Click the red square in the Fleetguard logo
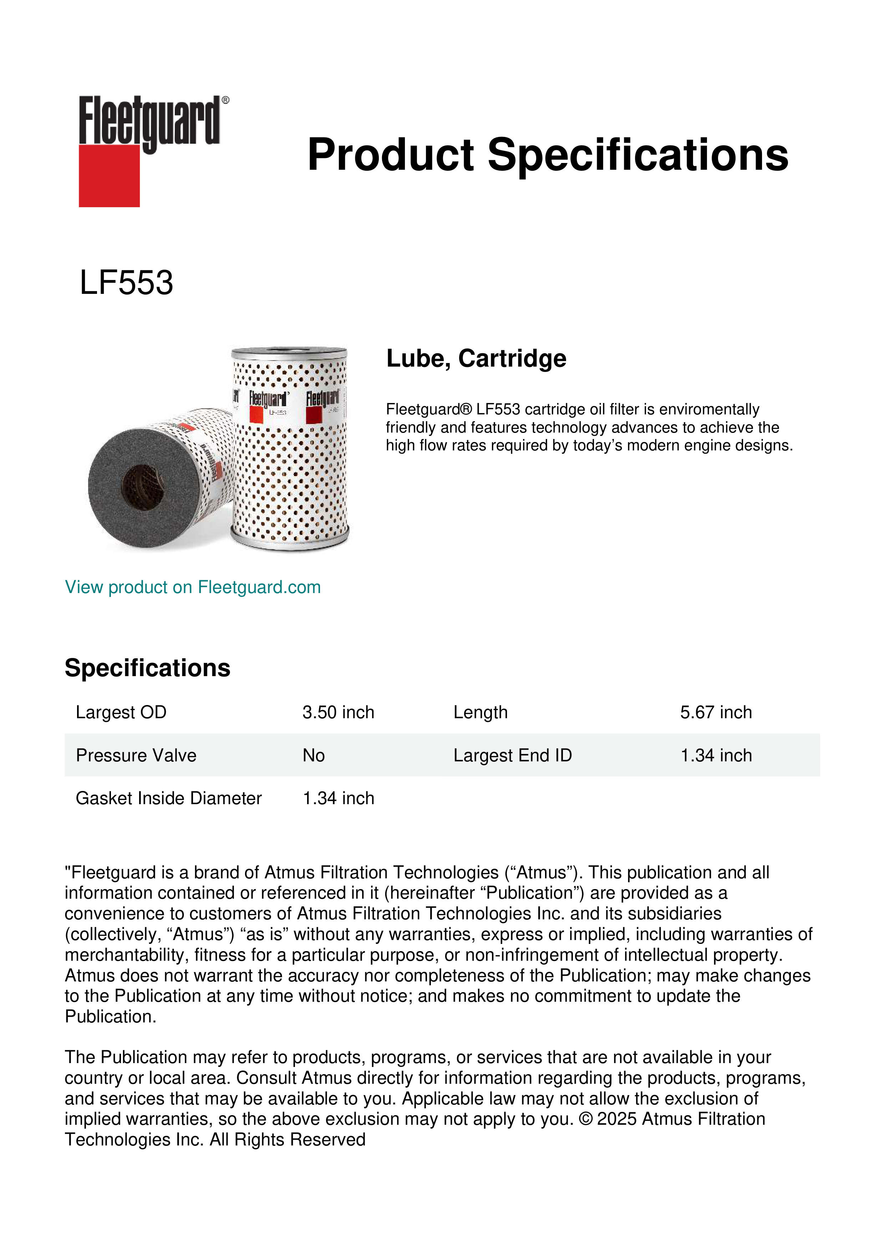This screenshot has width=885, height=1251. pos(109,175)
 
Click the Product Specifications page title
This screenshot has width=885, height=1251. pos(548,155)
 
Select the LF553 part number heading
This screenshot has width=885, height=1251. pos(126,283)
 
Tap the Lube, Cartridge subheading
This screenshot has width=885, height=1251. pos(476,358)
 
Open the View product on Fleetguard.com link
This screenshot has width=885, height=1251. pos(192,587)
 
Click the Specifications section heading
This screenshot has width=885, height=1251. pos(147,668)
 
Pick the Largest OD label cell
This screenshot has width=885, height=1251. pos(121,712)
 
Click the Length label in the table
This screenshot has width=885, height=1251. pos(480,712)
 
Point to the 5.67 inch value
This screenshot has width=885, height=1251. pos(716,712)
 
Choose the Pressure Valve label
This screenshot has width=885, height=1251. pos(136,755)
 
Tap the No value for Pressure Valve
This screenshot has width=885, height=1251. pos(313,755)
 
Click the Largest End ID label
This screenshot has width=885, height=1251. pos(512,755)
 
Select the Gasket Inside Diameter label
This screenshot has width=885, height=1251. pos(168,798)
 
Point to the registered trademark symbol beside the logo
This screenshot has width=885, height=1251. pos(225,100)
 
